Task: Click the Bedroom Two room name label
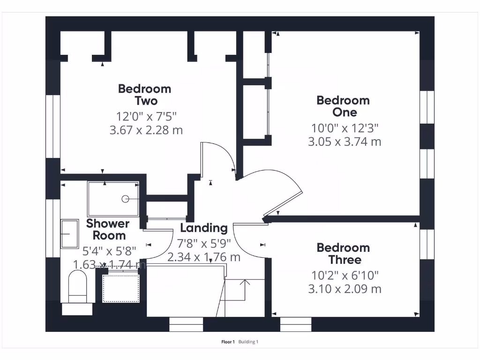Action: pos(144,95)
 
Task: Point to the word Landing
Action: pos(203,228)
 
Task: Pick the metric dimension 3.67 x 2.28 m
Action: pos(146,130)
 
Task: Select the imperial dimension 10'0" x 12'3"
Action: pos(345,128)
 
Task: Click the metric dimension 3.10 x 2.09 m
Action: pos(345,289)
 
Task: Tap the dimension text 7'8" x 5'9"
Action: pos(204,244)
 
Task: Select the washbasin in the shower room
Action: pos(70,233)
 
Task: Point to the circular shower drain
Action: pos(126,199)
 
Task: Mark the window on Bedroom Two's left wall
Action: pos(53,127)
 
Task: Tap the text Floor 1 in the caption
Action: pos(228,342)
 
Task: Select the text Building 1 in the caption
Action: pos(248,342)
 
